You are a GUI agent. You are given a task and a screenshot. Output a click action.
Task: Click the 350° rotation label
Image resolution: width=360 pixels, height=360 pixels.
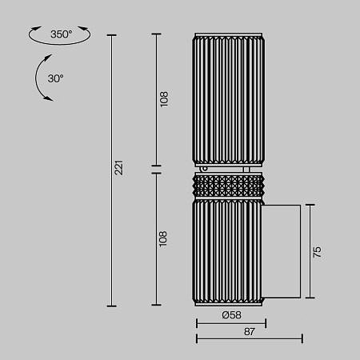[x=61, y=34]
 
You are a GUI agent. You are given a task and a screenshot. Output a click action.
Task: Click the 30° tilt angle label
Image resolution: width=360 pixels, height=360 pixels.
[x=55, y=78]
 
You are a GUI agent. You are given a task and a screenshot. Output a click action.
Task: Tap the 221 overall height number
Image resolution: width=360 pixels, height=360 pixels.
[x=118, y=167]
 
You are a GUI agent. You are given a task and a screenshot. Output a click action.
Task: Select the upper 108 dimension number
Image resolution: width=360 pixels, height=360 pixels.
[x=164, y=99]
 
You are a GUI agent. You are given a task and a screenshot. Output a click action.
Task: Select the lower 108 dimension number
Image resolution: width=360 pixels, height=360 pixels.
[x=162, y=239]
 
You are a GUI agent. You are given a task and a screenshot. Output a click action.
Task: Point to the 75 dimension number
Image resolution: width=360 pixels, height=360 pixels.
[x=317, y=252]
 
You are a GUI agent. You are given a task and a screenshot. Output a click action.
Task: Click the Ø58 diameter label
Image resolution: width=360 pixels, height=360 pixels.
[x=231, y=315]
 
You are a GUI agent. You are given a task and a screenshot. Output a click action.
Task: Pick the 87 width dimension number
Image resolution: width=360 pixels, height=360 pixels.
[x=250, y=331]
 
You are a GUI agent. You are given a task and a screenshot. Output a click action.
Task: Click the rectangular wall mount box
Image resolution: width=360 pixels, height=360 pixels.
[x=281, y=251]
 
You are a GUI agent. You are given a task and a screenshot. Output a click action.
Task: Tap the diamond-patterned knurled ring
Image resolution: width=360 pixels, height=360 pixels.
[x=228, y=186]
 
